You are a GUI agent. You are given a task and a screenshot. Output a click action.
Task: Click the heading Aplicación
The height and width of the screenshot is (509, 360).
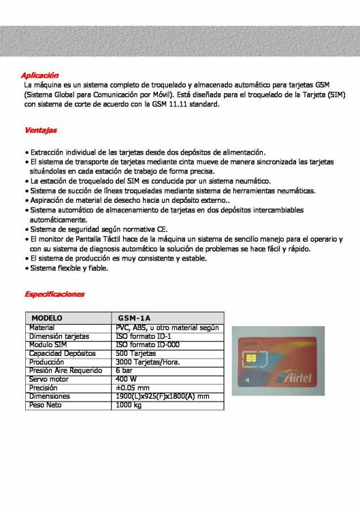(41, 75)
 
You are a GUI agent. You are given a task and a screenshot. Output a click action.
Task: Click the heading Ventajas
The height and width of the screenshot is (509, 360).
(41, 129)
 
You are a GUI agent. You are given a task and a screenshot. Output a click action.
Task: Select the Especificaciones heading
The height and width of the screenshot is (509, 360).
(54, 294)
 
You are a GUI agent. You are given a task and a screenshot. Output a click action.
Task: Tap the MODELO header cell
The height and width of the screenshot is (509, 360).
(47, 318)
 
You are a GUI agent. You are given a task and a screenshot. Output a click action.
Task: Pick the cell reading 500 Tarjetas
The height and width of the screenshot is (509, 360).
(136, 354)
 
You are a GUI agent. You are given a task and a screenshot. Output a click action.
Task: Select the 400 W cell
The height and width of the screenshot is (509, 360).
(127, 379)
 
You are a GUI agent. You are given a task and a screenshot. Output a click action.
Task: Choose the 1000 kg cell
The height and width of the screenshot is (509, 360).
(129, 405)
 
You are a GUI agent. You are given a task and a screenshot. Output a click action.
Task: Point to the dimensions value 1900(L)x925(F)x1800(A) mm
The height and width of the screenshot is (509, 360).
(163, 396)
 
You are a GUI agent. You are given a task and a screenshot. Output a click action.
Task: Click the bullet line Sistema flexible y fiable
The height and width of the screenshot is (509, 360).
(68, 268)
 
